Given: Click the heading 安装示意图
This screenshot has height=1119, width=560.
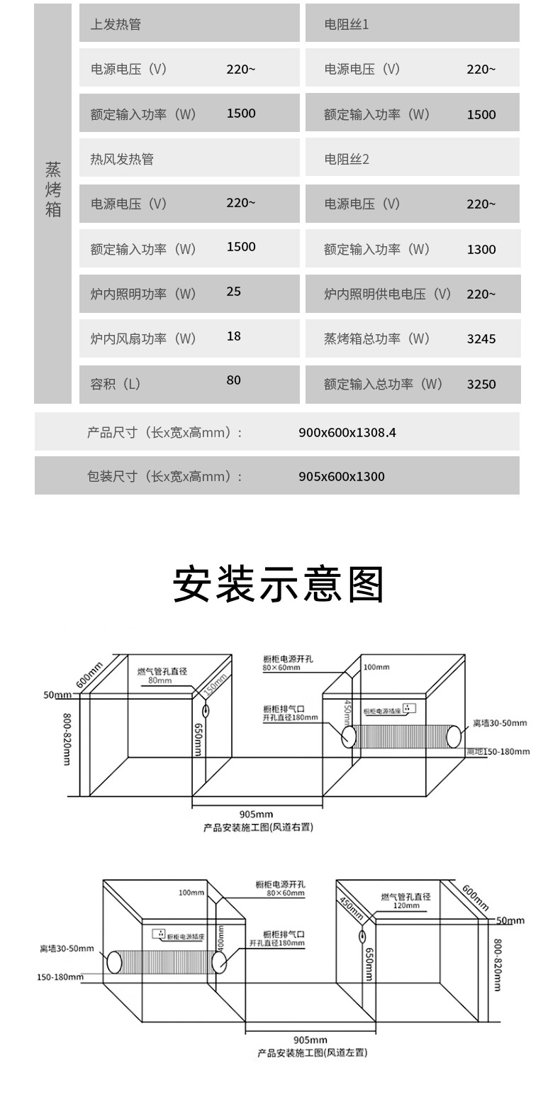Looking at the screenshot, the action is coord(279,584).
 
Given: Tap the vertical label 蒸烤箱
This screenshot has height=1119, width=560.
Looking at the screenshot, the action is coord(53,189).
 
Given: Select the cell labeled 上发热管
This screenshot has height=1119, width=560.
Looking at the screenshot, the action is coord(116,24).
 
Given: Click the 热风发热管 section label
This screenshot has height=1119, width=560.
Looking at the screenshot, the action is coord(122,159).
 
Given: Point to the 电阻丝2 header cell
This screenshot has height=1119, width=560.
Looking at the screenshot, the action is coord(347,159).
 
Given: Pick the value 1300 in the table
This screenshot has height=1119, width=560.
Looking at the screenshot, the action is coord(481,249).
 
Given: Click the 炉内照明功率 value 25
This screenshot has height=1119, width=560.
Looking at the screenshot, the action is coord(233,291).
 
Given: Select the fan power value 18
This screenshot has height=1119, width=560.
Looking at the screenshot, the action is coord(233,336).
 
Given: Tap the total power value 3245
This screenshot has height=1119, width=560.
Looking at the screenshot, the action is coord(481,339).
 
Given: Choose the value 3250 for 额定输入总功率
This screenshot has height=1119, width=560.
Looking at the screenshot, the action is coord(481,385).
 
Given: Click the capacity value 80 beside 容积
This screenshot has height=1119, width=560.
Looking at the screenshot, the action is coord(233,380).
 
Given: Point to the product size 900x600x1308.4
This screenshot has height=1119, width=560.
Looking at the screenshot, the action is coord(347,431).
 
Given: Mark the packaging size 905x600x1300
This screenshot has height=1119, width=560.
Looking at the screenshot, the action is coord(342,476).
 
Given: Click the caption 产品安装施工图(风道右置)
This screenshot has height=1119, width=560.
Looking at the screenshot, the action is coord(258,827).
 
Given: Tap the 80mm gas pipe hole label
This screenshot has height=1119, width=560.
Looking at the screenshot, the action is coord(160,680).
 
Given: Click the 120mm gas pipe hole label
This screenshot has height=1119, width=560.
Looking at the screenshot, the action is coord(407,906).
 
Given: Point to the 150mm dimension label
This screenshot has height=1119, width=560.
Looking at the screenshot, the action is coord(214,685).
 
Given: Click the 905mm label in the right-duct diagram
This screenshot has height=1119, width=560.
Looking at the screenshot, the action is coord(256,815).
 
